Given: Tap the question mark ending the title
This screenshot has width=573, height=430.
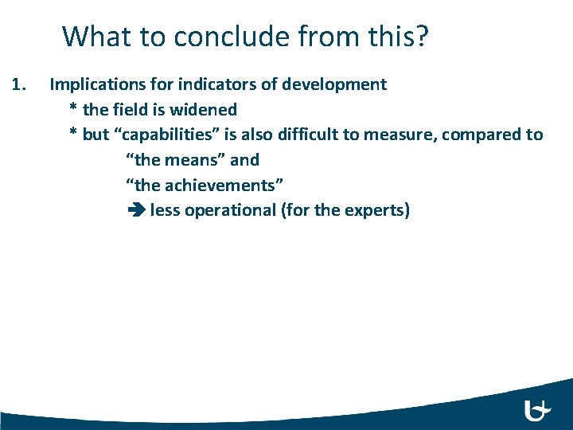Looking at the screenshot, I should tap(421, 37).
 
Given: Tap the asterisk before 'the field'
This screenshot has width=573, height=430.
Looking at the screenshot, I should tap(74, 108).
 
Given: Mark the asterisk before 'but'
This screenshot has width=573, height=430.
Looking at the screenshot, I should tap(74, 134).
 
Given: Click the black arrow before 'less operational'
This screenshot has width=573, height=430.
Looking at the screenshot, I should tap(134, 211).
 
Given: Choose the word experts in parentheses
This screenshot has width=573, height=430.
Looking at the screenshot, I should tap(375, 211).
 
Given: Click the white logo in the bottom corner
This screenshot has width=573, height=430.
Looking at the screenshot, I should tap(537, 410).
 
